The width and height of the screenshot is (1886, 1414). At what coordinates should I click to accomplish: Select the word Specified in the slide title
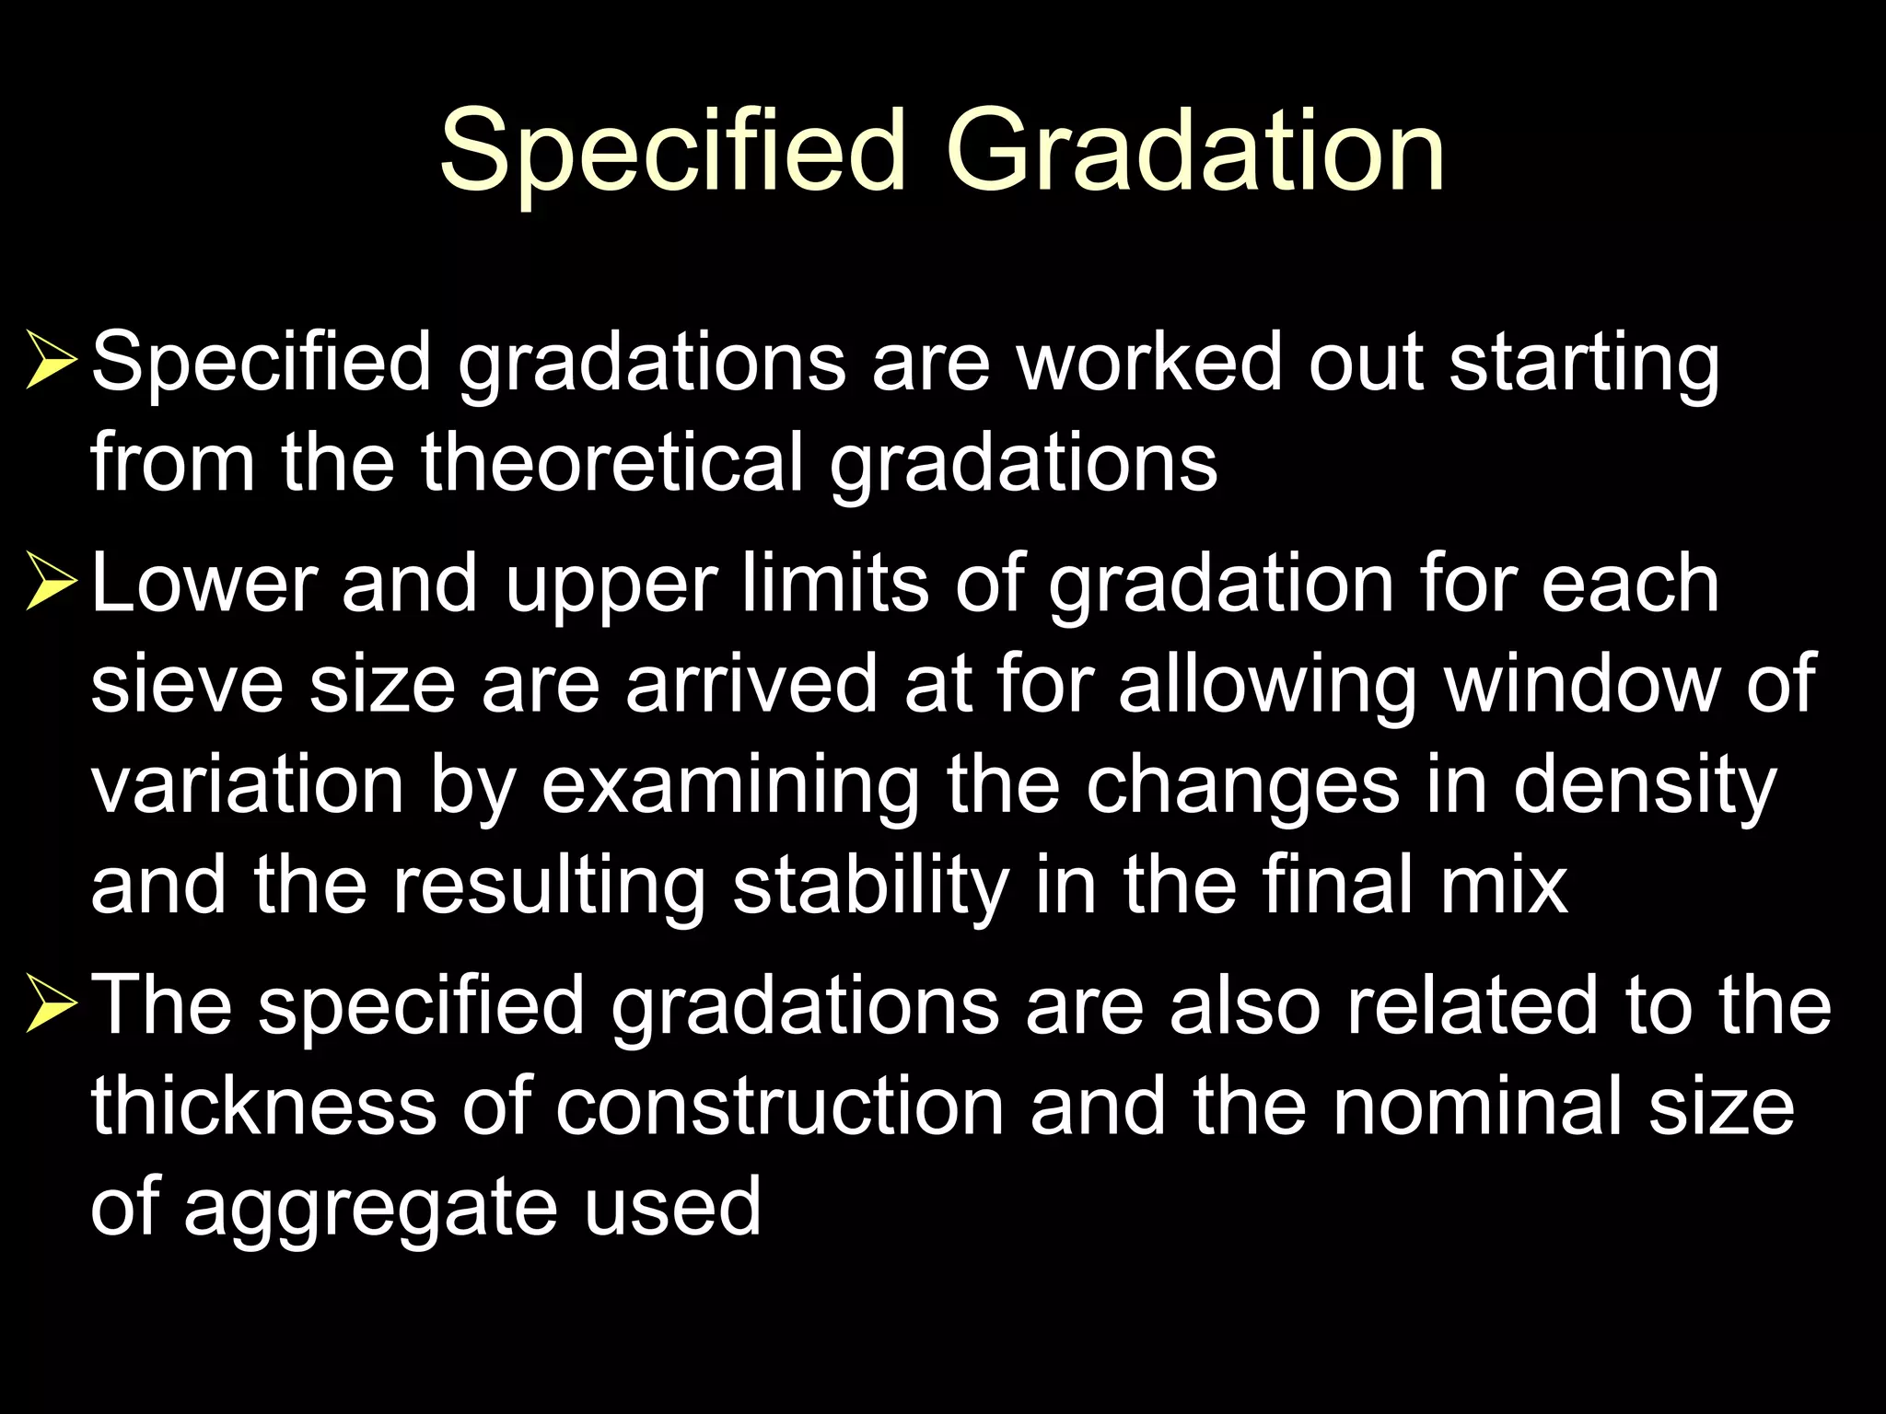(x=673, y=151)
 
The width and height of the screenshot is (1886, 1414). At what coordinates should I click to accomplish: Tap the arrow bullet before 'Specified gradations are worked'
(x=51, y=363)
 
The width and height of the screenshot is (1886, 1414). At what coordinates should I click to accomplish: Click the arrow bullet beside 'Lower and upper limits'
(x=51, y=585)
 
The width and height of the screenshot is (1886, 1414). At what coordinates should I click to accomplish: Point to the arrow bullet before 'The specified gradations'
(x=51, y=1006)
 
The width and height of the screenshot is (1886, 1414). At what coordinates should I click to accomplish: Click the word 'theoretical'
(x=612, y=462)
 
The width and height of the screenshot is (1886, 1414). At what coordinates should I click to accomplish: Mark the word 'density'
(x=1645, y=788)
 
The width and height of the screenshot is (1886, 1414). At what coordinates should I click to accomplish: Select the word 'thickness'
(x=263, y=1107)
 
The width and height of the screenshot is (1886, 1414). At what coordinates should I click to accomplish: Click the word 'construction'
(x=780, y=1107)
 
